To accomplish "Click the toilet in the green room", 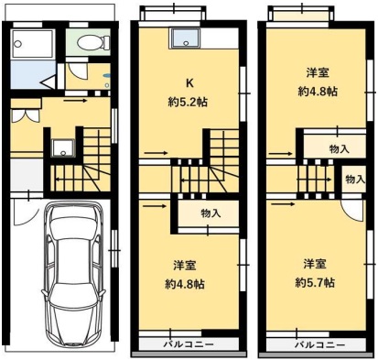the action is pos(93,42).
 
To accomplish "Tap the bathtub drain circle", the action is pos(18,44).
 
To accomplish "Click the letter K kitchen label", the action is pos(189,83).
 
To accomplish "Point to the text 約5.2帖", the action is pos(188,103).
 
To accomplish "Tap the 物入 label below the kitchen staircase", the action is pos(211,213).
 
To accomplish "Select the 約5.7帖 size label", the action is pos(315,283).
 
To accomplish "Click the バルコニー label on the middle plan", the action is pos(189,344).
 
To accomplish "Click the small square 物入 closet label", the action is pos(355,180).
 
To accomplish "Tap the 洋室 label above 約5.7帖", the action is pos(315,264).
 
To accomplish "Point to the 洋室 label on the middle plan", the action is pos(185,266).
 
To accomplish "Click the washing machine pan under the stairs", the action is pos(63,147).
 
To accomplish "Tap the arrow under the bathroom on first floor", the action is pos(75,101).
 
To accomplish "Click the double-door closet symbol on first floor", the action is pos(26,116).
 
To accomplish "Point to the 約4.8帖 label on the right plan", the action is pos(318,92).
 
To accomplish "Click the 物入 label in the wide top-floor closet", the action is pos(340,149).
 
